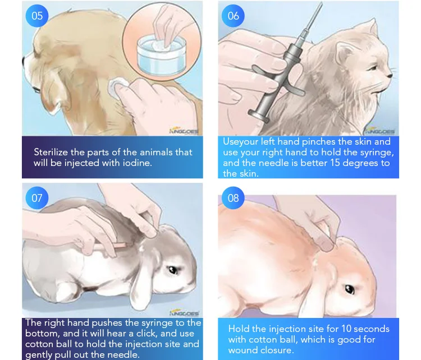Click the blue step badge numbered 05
(x=37, y=16)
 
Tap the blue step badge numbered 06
(x=233, y=16)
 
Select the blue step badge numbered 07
(x=37, y=198)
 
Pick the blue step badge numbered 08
(x=233, y=198)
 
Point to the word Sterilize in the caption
(x=52, y=152)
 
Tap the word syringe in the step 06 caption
(x=377, y=153)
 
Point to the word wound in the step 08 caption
(x=244, y=350)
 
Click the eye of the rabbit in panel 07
(x=172, y=270)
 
